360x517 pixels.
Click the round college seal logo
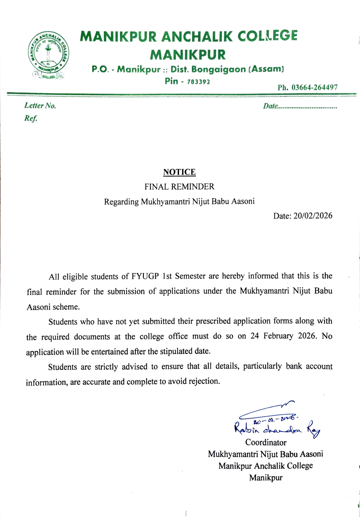(x=48, y=54)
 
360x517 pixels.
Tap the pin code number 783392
(x=198, y=82)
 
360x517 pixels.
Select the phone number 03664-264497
(x=314, y=88)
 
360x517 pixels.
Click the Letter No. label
(x=40, y=106)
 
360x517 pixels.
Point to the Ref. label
(x=31, y=118)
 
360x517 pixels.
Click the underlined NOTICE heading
(x=179, y=172)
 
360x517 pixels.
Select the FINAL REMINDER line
(x=179, y=187)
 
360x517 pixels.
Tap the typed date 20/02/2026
(x=313, y=216)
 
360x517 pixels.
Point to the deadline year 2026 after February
(x=307, y=336)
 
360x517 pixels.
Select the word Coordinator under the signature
(x=266, y=442)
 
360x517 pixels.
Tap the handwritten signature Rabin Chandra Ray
(x=277, y=428)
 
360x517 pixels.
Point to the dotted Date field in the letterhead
(x=300, y=106)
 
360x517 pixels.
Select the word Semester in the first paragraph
(x=190, y=276)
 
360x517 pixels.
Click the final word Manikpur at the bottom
(x=266, y=478)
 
